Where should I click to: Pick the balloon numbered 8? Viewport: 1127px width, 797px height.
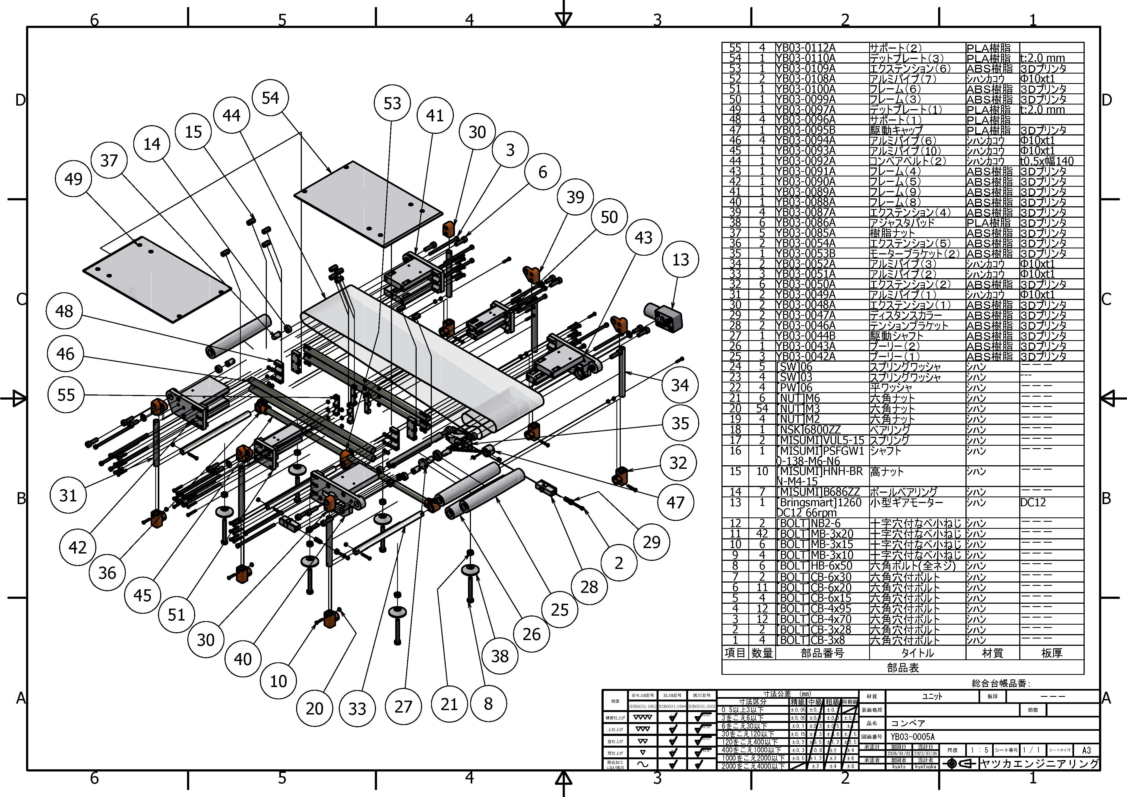pos(488,704)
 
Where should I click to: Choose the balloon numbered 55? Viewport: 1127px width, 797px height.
pos(66,395)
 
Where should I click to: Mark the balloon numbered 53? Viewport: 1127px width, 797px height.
pos(392,103)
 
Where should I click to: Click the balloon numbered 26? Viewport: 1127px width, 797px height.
pos(531,634)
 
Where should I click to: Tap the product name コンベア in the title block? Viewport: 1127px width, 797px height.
pos(908,723)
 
